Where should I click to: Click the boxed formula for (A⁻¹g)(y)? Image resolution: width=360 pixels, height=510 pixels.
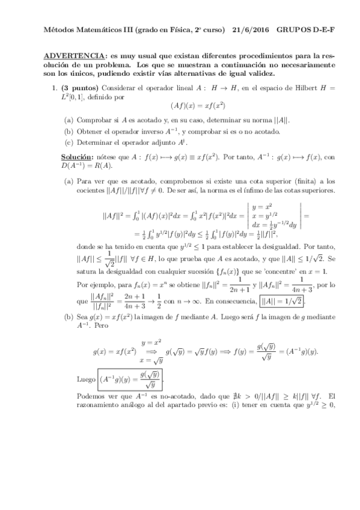(x=129, y=379)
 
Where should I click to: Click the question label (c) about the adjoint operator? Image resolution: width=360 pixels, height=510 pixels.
(x=69, y=142)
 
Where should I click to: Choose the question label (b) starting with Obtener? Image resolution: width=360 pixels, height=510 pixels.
(x=69, y=131)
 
